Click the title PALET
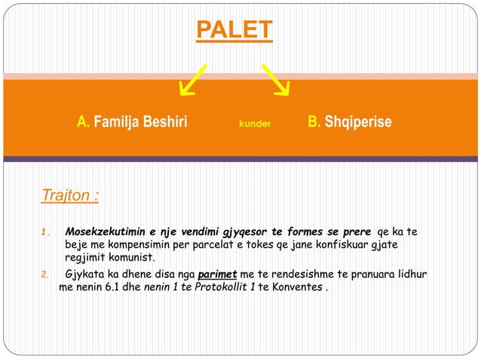234,29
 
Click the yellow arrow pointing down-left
194,79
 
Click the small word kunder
254,123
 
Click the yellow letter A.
82,122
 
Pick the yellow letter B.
313,122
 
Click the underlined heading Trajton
69,196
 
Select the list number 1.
44,232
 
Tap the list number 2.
44,274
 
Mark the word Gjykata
87,273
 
